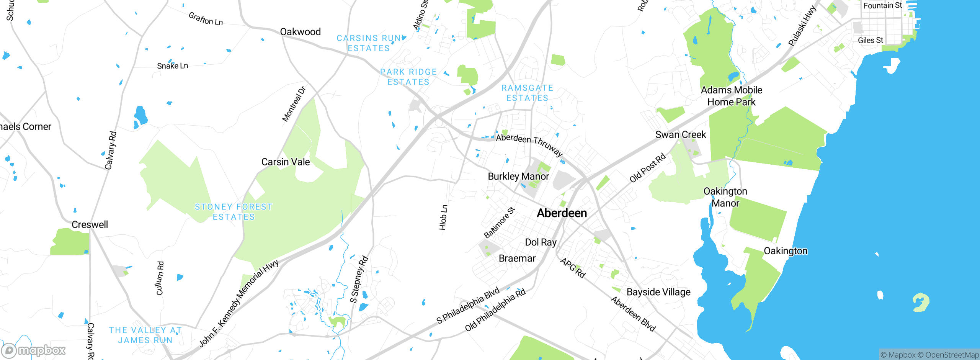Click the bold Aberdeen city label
[x=562, y=213]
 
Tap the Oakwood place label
[x=300, y=32]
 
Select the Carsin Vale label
[x=286, y=162]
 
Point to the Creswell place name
[x=90, y=224]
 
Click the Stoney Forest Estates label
[x=234, y=212]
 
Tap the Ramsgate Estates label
[x=527, y=93]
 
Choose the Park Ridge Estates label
[x=408, y=77]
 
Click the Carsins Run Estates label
[x=369, y=43]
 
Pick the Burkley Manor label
[x=518, y=177]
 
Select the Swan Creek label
[x=680, y=135]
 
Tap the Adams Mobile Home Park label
[x=731, y=96]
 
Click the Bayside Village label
[x=658, y=292]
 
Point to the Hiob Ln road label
[x=443, y=218]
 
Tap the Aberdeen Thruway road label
[x=529, y=144]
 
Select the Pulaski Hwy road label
[x=802, y=26]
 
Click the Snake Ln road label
[x=172, y=66]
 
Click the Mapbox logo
[x=34, y=350]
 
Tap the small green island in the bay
[x=920, y=303]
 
